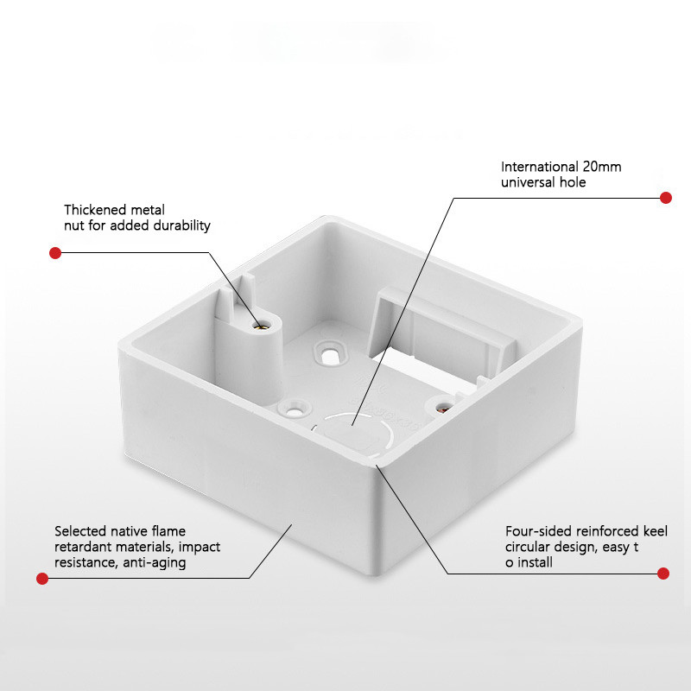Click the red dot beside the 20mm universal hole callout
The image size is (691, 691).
(665, 198)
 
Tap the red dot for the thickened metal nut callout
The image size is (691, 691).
(55, 253)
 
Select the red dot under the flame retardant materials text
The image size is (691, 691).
(42, 578)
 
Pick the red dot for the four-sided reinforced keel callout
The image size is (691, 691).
(662, 574)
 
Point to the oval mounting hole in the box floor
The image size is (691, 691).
(330, 355)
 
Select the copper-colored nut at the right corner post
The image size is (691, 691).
(444, 408)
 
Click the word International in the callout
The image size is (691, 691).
(539, 167)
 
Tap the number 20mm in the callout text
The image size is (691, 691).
(602, 167)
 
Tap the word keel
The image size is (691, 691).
(656, 530)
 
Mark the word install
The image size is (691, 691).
(535, 562)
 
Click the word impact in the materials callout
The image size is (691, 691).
(200, 547)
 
